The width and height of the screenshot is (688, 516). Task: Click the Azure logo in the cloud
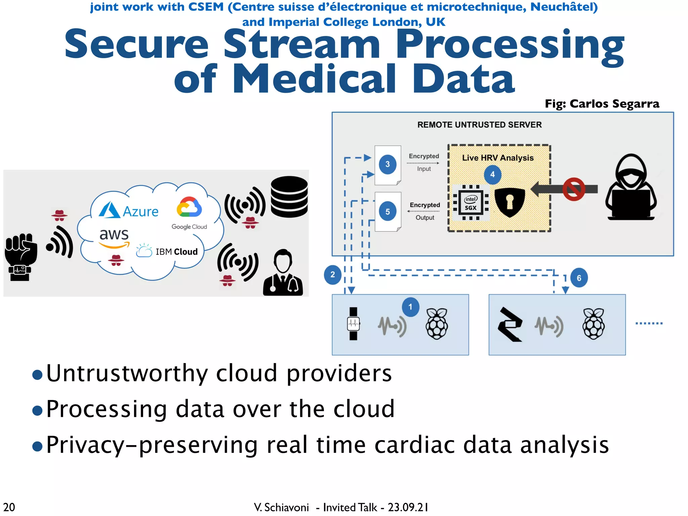[x=128, y=211]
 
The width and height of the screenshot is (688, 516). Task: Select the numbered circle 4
[x=492, y=175]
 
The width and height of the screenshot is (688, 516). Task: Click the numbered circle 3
[x=387, y=164]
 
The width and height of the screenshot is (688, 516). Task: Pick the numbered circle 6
[x=579, y=278]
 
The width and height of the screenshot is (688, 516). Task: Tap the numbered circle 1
[x=410, y=307]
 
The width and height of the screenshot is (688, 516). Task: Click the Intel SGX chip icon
[x=470, y=203]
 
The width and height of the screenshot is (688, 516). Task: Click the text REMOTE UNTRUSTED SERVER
[x=479, y=125]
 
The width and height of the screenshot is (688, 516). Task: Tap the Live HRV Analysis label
[x=498, y=158]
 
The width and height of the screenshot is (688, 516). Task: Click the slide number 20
[x=9, y=507]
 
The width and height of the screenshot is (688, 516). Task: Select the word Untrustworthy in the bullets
[x=127, y=374]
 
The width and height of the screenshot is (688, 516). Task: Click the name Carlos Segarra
[x=614, y=104]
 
